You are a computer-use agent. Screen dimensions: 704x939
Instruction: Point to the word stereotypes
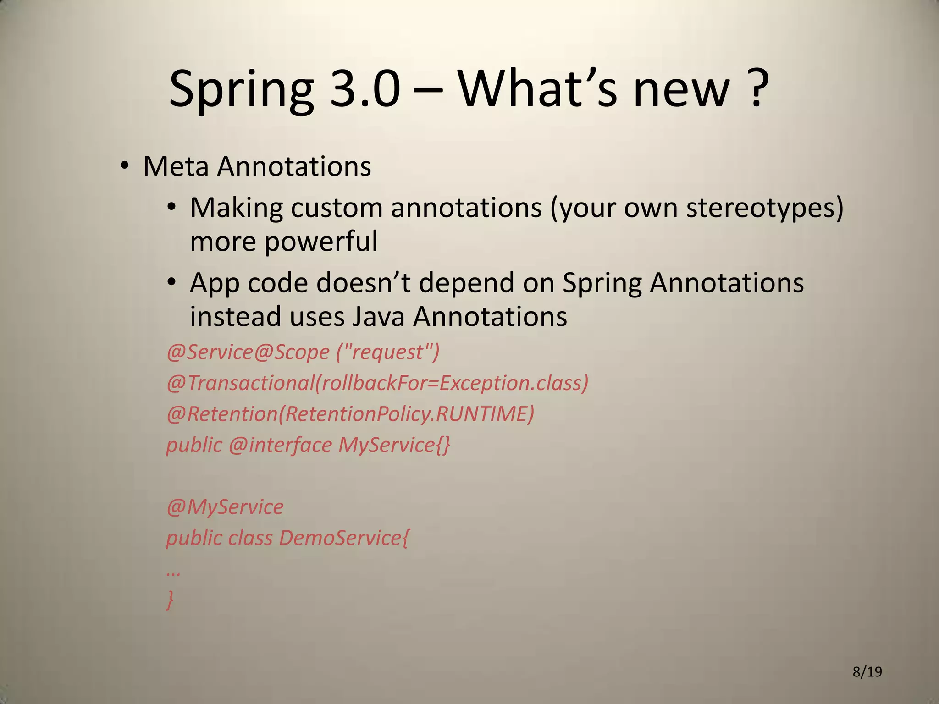(764, 208)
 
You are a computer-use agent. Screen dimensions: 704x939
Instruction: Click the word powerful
(321, 241)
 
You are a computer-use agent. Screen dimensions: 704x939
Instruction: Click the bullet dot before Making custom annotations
(171, 208)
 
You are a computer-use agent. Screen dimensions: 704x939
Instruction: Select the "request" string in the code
(388, 352)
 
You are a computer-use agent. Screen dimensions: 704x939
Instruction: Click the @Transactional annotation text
(240, 383)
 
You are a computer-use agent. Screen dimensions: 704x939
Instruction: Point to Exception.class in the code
(510, 383)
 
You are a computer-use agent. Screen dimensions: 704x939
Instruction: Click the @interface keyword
(280, 445)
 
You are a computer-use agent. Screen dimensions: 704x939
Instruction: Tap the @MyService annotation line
(225, 507)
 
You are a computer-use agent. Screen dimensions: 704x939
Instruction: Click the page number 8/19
(867, 672)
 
